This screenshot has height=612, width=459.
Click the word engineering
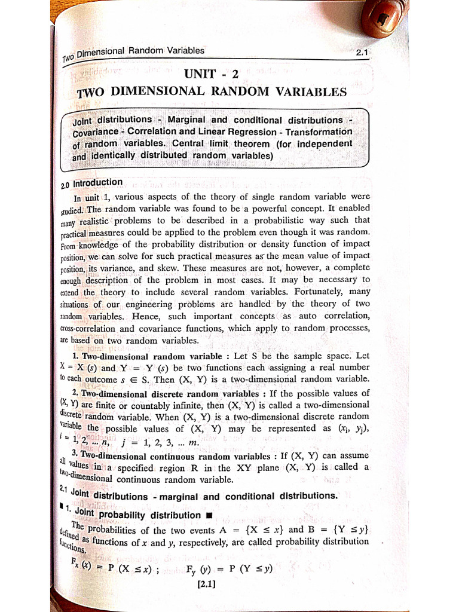(x=147, y=304)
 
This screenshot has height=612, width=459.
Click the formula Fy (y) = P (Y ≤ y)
(x=229, y=568)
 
